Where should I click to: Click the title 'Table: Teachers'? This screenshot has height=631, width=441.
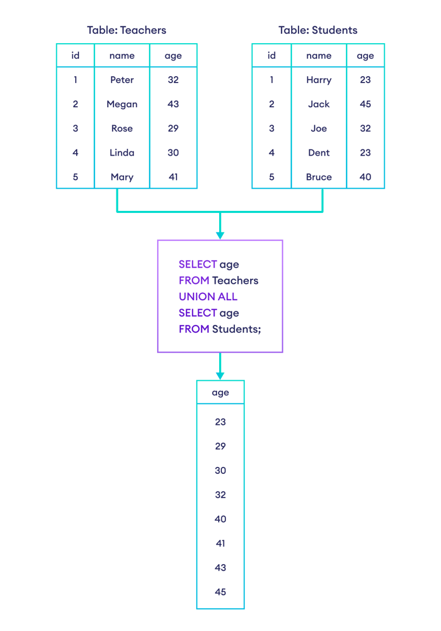point(127,30)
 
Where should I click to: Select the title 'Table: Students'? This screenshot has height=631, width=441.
point(318,30)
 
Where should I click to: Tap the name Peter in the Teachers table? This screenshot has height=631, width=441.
point(122,80)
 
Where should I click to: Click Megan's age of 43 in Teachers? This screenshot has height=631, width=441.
point(173,104)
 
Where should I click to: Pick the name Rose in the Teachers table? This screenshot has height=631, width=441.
point(122,128)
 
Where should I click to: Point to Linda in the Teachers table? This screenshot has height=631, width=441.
point(122,152)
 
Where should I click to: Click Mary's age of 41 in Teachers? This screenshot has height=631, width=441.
point(173,177)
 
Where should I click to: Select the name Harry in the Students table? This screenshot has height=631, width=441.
point(319,80)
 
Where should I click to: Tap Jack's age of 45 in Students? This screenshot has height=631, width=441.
point(365,104)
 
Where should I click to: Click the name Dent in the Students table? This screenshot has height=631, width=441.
point(319,152)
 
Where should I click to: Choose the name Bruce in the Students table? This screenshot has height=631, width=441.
point(319,177)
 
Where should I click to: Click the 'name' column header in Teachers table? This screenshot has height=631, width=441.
point(122,56)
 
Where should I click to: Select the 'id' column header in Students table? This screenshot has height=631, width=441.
point(271,56)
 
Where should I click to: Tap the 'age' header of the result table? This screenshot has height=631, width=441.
point(220,393)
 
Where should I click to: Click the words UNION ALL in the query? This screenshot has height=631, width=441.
point(208,297)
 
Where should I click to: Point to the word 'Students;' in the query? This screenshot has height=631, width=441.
point(237,329)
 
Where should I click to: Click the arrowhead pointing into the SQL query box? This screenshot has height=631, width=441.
point(220,235)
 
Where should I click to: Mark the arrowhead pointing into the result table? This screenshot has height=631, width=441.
point(220,375)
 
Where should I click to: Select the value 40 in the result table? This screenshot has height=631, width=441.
point(220,519)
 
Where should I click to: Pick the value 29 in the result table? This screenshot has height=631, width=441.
point(220,446)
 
